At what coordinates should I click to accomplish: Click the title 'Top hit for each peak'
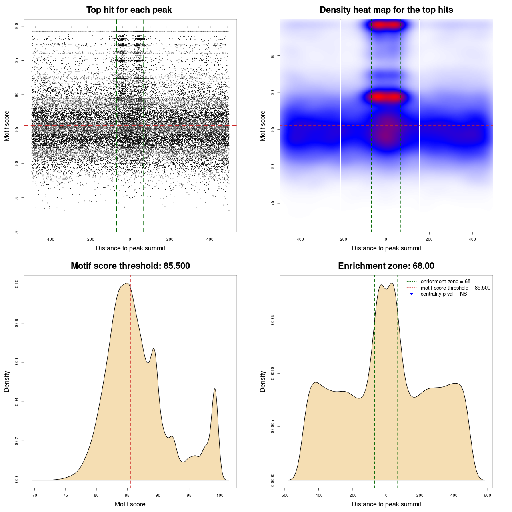(x=129, y=10)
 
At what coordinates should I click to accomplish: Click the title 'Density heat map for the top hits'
(x=386, y=10)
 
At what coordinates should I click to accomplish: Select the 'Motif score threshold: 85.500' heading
(x=130, y=266)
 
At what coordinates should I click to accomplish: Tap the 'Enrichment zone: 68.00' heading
(x=386, y=266)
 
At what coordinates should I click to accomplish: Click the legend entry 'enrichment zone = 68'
(x=445, y=282)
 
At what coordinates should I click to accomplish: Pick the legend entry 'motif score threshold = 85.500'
(x=455, y=288)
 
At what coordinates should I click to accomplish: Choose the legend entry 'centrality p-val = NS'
(x=444, y=294)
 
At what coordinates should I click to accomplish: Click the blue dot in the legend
(x=412, y=294)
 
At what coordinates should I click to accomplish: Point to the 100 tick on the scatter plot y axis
(x=17, y=26)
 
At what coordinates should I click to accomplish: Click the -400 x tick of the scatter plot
(x=50, y=239)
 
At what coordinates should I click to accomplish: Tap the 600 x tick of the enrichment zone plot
(x=487, y=495)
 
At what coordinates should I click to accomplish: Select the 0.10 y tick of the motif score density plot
(x=17, y=284)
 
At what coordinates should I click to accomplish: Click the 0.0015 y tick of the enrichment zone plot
(x=273, y=320)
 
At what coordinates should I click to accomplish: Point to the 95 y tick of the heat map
(x=273, y=56)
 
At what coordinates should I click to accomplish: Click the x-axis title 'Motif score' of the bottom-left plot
(x=130, y=504)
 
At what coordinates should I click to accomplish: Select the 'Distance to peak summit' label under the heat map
(x=386, y=248)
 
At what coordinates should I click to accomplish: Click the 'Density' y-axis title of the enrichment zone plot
(x=263, y=381)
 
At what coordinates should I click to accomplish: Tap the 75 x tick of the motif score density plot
(x=66, y=495)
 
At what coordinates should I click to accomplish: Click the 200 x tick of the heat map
(x=429, y=239)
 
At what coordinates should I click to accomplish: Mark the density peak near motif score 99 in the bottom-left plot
(x=215, y=389)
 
